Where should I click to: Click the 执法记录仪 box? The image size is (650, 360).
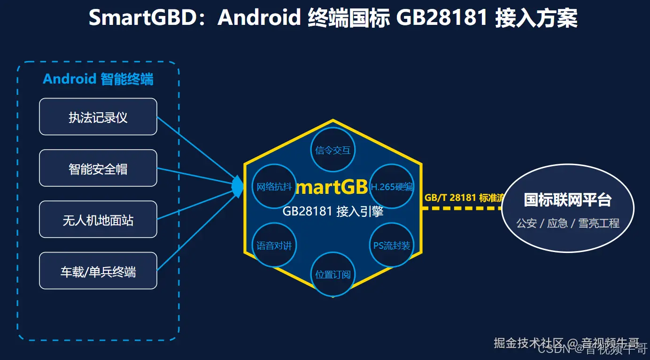[98, 117]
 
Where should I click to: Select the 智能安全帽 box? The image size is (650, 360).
[98, 168]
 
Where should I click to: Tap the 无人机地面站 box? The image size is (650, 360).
[98, 220]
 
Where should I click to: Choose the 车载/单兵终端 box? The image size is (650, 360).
[98, 271]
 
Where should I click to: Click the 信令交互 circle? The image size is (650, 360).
[333, 150]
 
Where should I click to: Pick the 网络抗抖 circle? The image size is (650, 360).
[274, 186]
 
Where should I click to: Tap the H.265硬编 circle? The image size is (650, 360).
[392, 186]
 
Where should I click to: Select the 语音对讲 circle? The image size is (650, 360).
[274, 245]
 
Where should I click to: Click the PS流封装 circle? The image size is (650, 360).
[392, 245]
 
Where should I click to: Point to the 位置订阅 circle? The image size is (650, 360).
[333, 274]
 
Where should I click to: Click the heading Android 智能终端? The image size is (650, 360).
[98, 79]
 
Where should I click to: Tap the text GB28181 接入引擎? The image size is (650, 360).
[333, 212]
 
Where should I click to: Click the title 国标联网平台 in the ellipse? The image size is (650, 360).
[567, 200]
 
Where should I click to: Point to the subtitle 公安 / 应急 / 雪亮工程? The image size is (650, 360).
[567, 223]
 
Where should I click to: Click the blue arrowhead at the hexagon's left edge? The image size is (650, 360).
[238, 186]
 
